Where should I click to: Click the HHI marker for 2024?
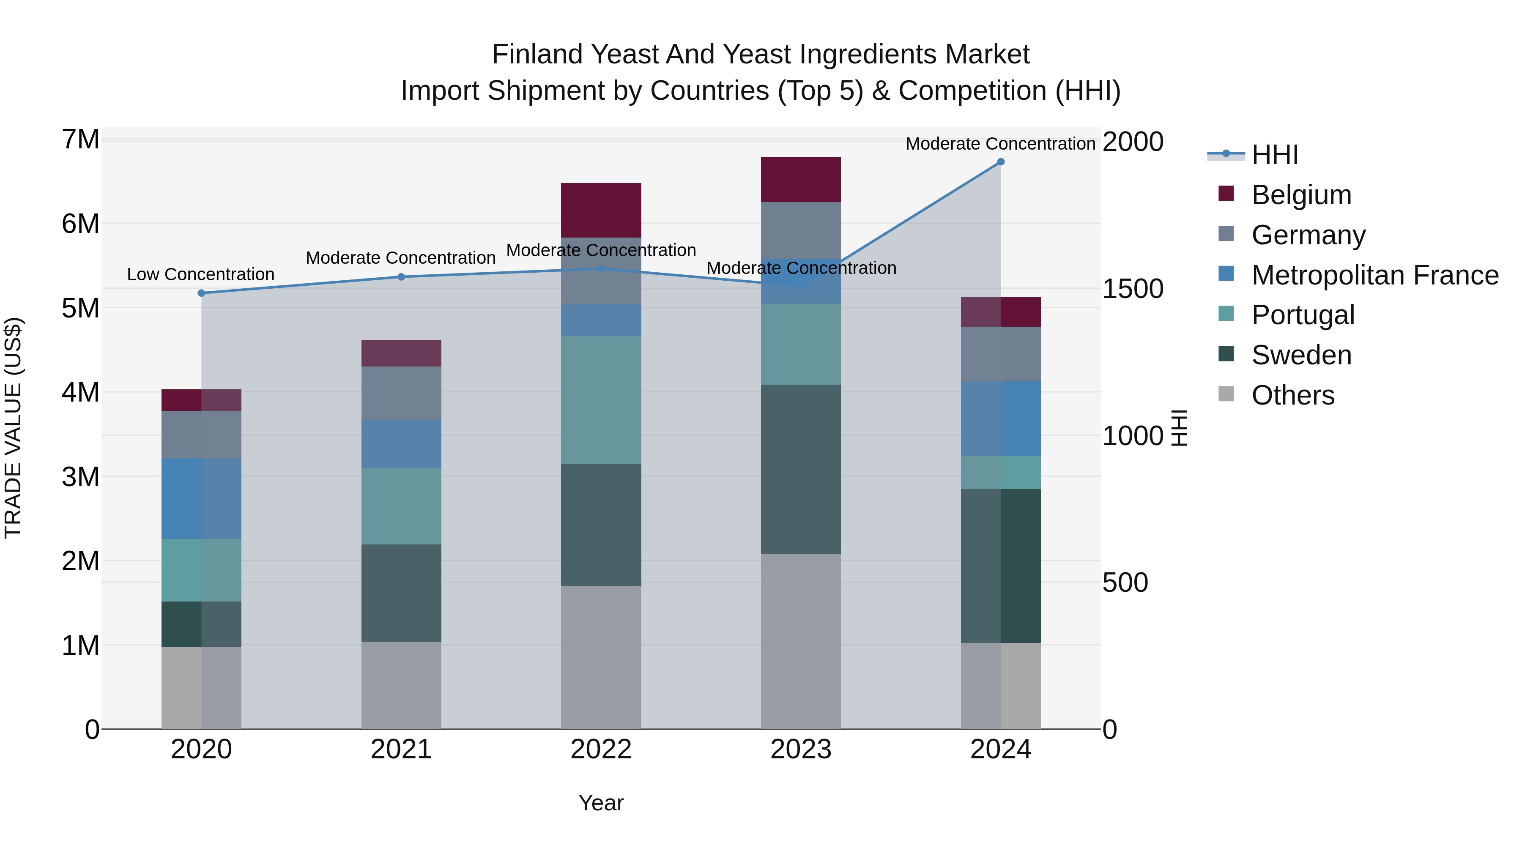(1000, 161)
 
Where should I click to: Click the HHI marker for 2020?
(202, 293)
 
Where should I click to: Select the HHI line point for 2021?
(401, 276)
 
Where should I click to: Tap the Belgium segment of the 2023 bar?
(801, 180)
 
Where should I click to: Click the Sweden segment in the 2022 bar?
(601, 525)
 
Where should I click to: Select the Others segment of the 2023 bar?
(801, 641)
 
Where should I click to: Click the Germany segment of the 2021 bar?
(401, 392)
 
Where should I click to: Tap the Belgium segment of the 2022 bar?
(601, 211)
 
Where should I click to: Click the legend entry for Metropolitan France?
(1374, 275)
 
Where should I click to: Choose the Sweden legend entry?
(1301, 355)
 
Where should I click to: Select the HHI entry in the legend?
(1274, 155)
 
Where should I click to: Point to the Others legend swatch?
(1226, 394)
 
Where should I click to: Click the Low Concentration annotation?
(201, 275)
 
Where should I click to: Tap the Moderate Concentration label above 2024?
(1000, 144)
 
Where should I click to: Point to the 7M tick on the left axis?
(80, 140)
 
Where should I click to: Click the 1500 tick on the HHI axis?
(1132, 289)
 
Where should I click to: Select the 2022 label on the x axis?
(601, 749)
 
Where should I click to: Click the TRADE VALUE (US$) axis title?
(13, 428)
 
